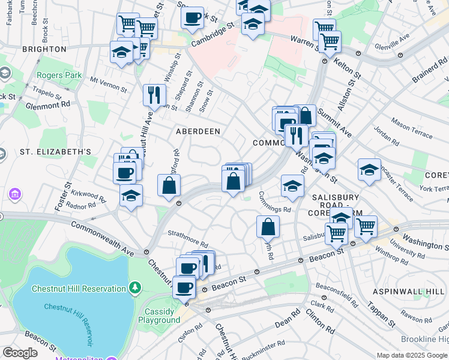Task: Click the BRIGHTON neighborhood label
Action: click(44, 49)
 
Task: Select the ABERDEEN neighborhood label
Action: click(197, 131)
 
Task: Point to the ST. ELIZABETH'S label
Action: click(55, 152)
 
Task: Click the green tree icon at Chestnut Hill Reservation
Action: click(136, 289)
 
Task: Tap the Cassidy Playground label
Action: click(160, 316)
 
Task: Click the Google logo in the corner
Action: click(20, 353)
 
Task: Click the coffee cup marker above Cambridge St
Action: click(192, 17)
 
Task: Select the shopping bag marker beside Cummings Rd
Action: click(268, 226)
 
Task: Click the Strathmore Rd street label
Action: click(187, 239)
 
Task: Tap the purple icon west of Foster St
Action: click(14, 195)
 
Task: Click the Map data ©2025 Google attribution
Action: click(412, 355)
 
